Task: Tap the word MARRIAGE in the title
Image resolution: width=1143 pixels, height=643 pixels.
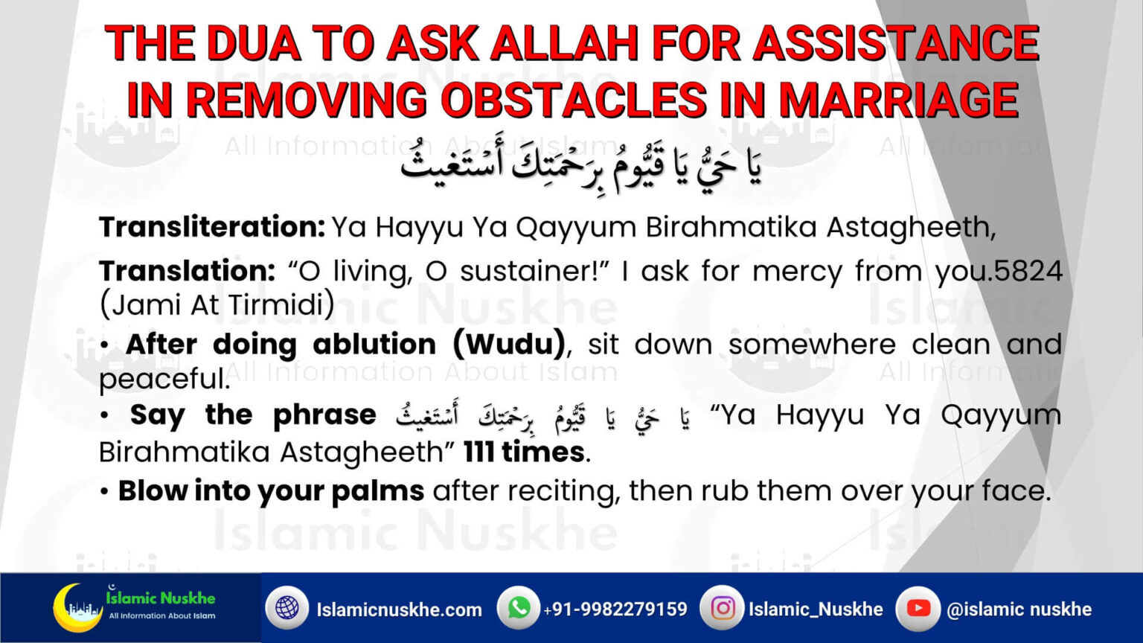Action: pyautogui.click(x=898, y=100)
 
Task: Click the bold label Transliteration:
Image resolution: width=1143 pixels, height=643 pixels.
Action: pyautogui.click(x=212, y=227)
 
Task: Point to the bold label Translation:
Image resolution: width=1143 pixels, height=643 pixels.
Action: pyautogui.click(x=188, y=271)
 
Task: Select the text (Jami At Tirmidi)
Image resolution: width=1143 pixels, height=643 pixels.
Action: pyautogui.click(x=217, y=304)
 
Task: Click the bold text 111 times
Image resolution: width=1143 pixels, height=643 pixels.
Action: pyautogui.click(x=524, y=452)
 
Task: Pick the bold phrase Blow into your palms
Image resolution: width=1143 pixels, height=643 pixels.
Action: pyautogui.click(x=271, y=491)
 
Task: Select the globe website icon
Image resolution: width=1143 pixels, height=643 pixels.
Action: pyautogui.click(x=287, y=608)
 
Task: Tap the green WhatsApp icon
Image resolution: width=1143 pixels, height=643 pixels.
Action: pyautogui.click(x=519, y=608)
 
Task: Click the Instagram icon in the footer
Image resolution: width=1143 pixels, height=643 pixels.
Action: pyautogui.click(x=723, y=608)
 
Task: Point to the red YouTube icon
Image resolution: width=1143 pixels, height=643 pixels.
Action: pyautogui.click(x=918, y=608)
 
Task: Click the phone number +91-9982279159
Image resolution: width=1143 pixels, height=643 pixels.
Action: pyautogui.click(x=615, y=610)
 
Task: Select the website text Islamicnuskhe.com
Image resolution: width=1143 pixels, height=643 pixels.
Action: pyautogui.click(x=399, y=610)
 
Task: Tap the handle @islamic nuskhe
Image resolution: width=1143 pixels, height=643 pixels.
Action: pyautogui.click(x=1019, y=610)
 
